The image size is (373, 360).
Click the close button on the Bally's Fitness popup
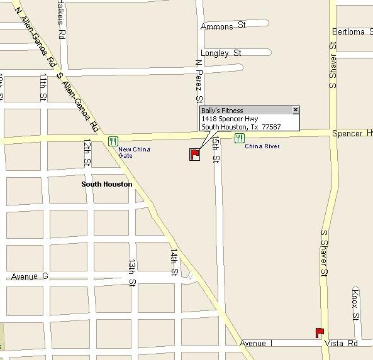click(296, 110)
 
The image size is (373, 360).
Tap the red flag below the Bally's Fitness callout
click(194, 153)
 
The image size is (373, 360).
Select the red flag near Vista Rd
click(320, 332)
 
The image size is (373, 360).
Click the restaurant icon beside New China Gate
click(113, 141)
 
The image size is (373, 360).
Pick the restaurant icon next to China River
click(240, 138)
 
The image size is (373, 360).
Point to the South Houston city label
click(107, 184)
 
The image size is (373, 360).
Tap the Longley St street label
click(221, 53)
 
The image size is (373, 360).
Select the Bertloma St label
click(348, 31)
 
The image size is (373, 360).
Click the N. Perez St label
click(199, 81)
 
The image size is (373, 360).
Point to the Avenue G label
click(30, 276)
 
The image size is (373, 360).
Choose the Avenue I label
click(256, 343)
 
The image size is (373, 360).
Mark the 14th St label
click(174, 262)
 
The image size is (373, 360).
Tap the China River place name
click(262, 146)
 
